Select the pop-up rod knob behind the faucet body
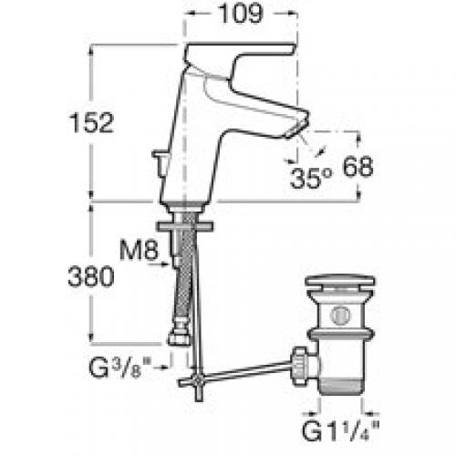[161, 164]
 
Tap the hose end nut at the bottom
[179, 337]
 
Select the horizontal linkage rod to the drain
[246, 367]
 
